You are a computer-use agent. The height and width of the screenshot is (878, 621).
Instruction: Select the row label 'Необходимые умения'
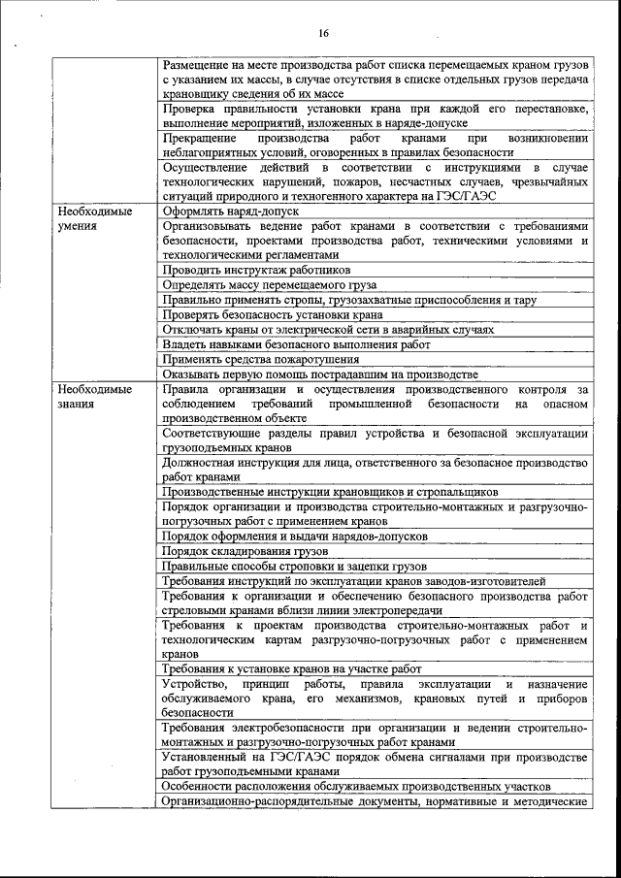(94, 218)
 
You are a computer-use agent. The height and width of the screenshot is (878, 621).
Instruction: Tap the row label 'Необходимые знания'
(94, 397)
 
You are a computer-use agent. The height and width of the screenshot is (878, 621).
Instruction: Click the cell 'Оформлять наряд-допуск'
(231, 211)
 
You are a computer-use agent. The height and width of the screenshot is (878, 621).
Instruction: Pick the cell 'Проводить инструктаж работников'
(257, 270)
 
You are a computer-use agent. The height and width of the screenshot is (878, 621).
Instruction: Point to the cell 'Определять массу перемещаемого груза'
(270, 285)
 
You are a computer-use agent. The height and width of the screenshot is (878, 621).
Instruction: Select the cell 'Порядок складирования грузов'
(245, 551)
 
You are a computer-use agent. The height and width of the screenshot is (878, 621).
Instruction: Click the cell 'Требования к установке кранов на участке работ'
(292, 669)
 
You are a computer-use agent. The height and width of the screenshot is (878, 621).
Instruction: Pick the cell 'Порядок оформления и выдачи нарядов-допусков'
(295, 536)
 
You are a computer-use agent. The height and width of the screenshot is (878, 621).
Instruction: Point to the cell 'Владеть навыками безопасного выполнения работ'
(296, 344)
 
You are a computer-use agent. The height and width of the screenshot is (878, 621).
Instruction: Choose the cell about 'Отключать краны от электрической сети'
(328, 330)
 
